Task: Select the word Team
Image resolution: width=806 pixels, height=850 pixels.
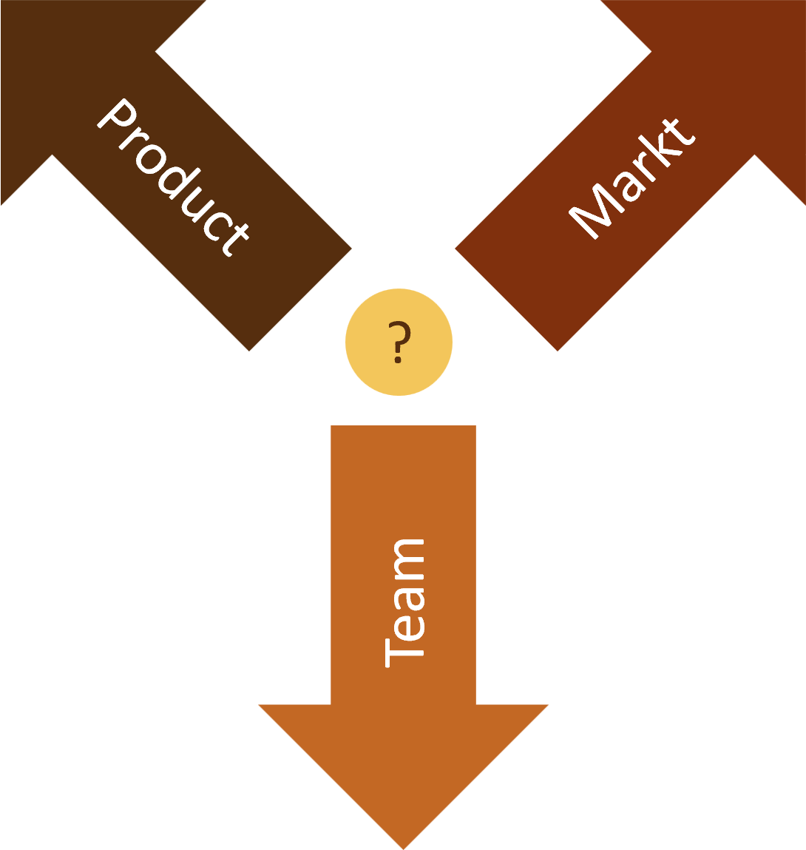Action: pyautogui.click(x=404, y=603)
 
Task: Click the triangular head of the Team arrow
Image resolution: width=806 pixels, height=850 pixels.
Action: pyautogui.click(x=403, y=762)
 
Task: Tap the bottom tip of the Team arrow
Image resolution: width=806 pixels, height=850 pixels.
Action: pyautogui.click(x=403, y=846)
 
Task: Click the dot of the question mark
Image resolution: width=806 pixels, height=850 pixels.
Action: pyautogui.click(x=398, y=360)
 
